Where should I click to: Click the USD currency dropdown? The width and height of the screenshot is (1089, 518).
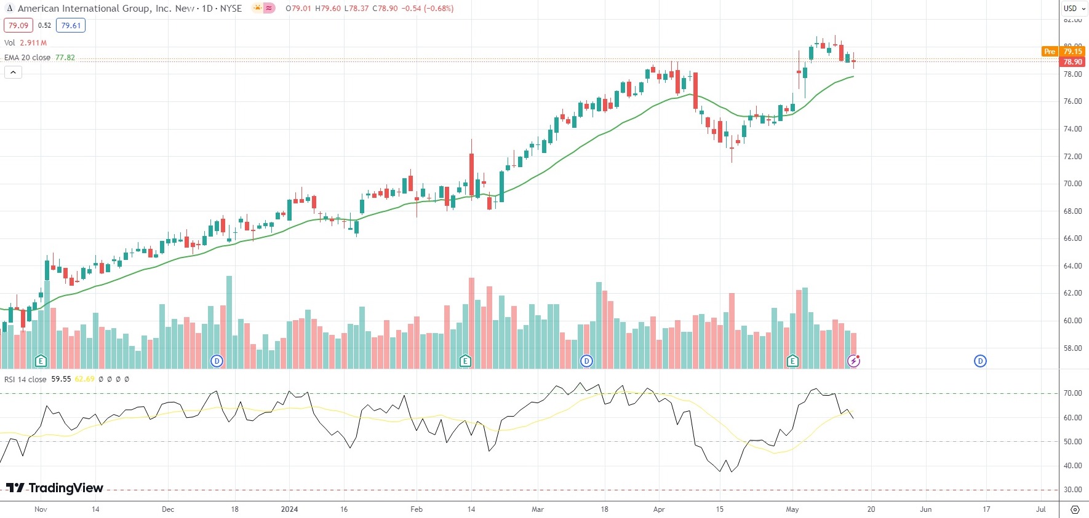pyautogui.click(x=1074, y=9)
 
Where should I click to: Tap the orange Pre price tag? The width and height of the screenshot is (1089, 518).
pyautogui.click(x=1050, y=52)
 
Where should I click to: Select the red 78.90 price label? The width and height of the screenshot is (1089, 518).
pyautogui.click(x=1072, y=62)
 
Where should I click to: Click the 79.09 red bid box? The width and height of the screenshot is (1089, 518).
pyautogui.click(x=18, y=26)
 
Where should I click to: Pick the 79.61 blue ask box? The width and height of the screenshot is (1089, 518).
pyautogui.click(x=71, y=26)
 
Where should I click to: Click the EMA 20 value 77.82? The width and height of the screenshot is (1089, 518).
pyautogui.click(x=65, y=58)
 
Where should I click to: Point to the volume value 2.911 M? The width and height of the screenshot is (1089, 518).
pyautogui.click(x=33, y=43)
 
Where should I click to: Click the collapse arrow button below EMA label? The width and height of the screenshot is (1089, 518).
pyautogui.click(x=13, y=73)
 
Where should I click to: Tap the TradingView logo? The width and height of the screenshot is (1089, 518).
pyautogui.click(x=55, y=488)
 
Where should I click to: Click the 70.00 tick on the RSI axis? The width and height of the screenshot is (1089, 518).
pyautogui.click(x=1072, y=393)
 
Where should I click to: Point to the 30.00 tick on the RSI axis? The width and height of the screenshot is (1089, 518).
pyautogui.click(x=1072, y=490)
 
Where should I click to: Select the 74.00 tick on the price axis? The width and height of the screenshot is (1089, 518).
pyautogui.click(x=1072, y=129)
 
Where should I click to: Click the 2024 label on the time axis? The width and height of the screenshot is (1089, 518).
pyautogui.click(x=289, y=509)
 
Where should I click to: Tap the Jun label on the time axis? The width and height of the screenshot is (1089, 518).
pyautogui.click(x=925, y=509)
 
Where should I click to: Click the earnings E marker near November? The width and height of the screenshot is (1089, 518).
pyautogui.click(x=41, y=361)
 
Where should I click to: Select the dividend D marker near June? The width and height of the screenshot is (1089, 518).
pyautogui.click(x=980, y=361)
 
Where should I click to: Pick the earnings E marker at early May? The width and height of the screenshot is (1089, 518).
pyautogui.click(x=792, y=361)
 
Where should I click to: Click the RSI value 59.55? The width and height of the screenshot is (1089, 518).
pyautogui.click(x=61, y=379)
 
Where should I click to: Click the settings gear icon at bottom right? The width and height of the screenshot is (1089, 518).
pyautogui.click(x=1075, y=509)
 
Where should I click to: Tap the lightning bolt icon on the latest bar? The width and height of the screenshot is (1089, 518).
pyautogui.click(x=853, y=361)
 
